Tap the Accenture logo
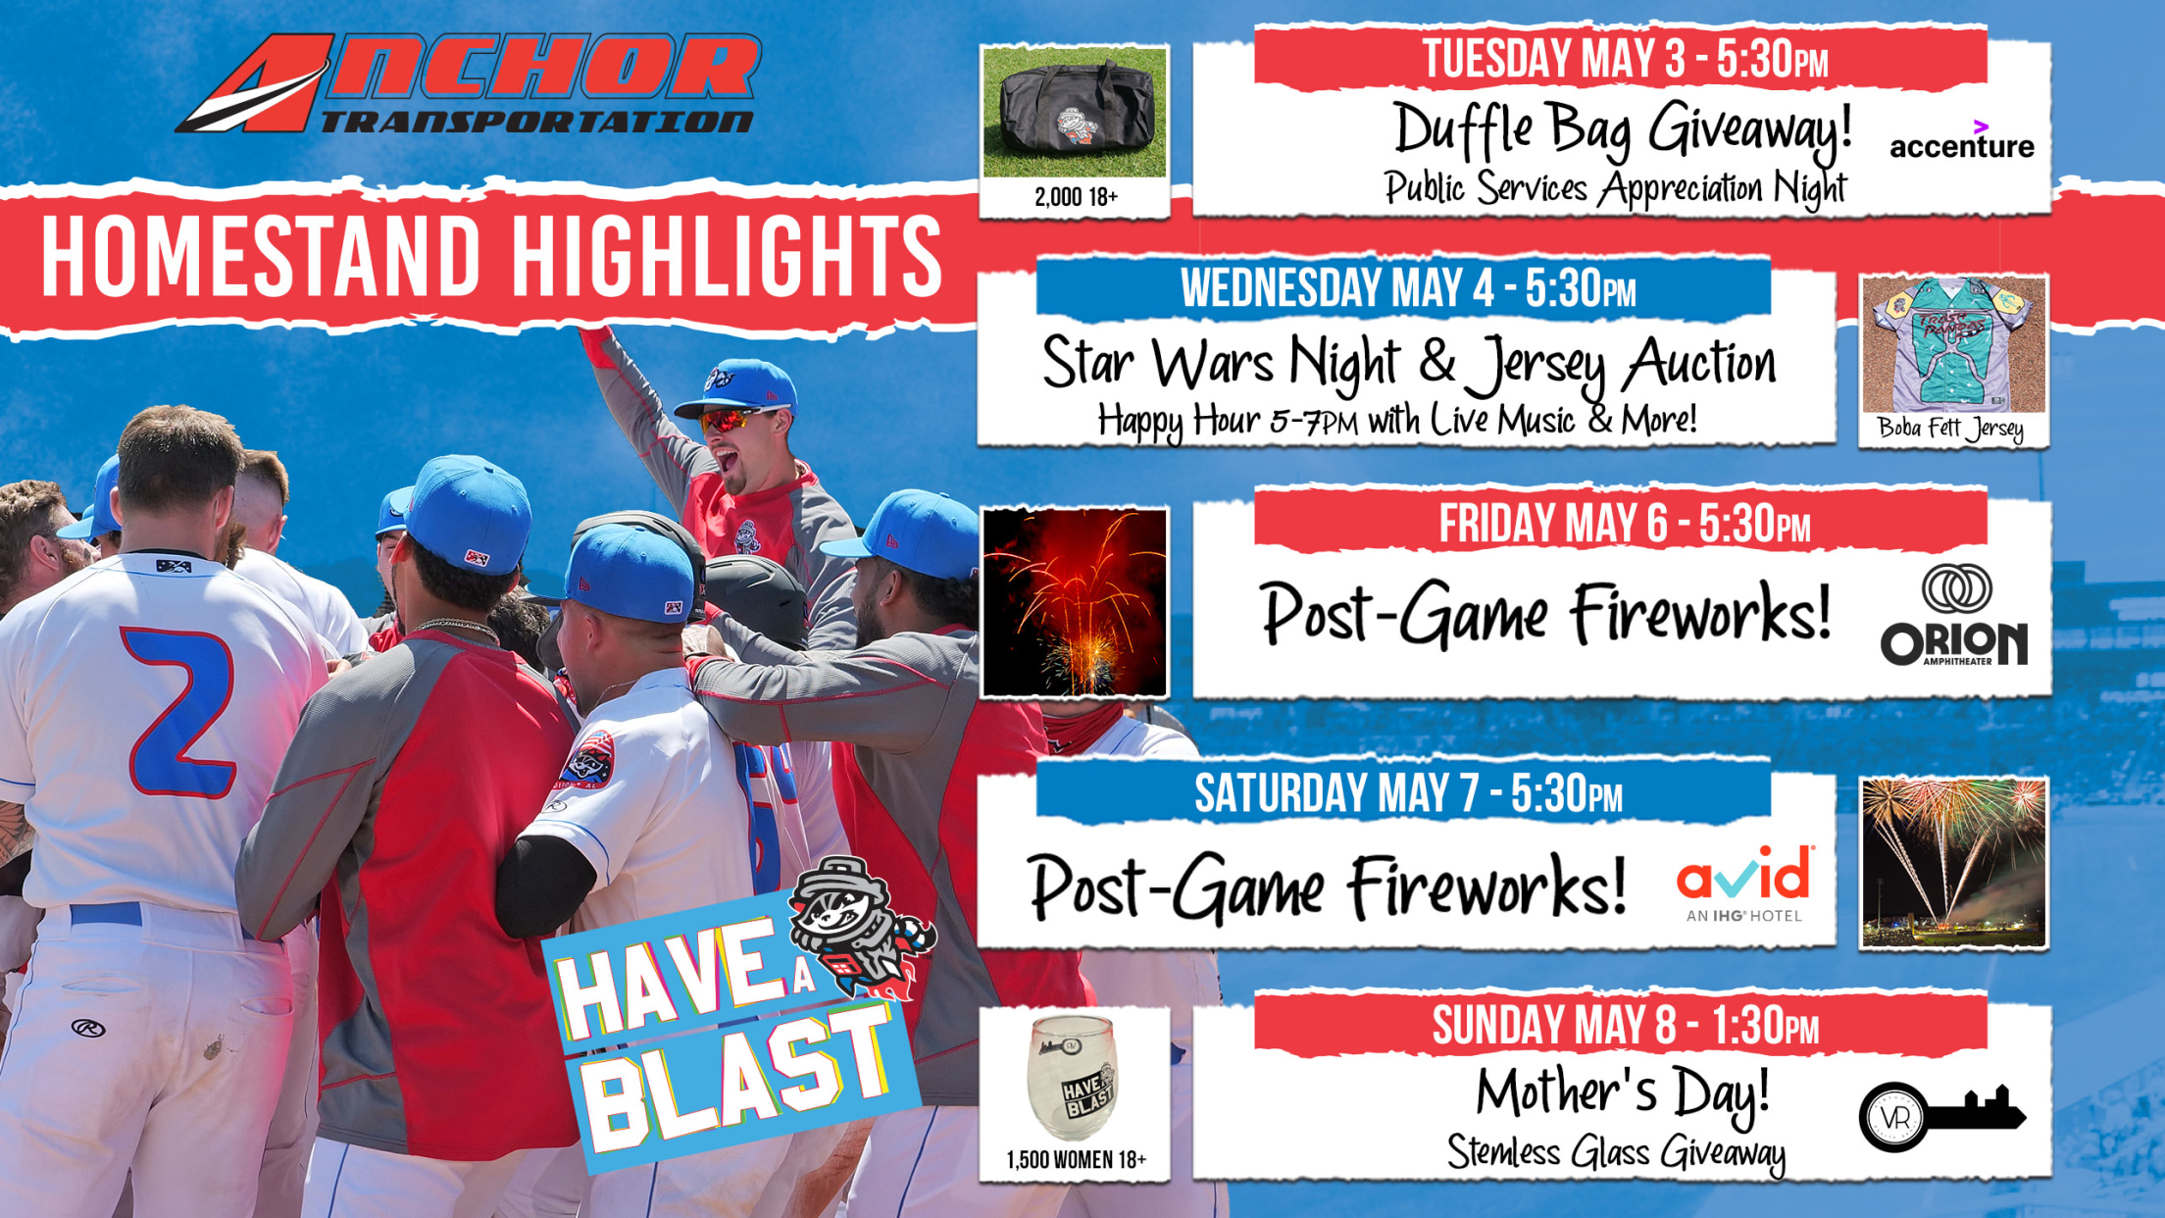[x=1961, y=140]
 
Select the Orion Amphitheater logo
[x=1954, y=615]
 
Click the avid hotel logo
[x=1744, y=883]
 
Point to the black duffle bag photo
[x=1075, y=113]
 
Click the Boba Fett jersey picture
[x=1953, y=345]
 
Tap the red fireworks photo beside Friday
[x=1075, y=602]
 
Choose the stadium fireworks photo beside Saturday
[x=1953, y=863]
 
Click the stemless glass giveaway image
[x=1074, y=1079]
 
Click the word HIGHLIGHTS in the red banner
[x=727, y=256]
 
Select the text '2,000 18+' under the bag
[x=1076, y=197]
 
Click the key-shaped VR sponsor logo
[x=1941, y=1116]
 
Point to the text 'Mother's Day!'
[x=1623, y=1091]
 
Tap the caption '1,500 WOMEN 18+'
[x=1076, y=1160]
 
